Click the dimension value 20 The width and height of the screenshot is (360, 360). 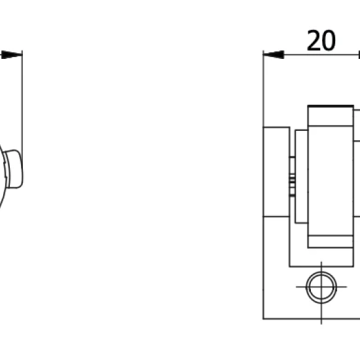pos(321,41)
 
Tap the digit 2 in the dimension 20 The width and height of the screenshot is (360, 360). pos(314,41)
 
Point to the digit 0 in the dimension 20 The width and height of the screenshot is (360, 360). pos(329,41)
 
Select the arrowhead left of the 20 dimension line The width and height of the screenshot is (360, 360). pos(274,54)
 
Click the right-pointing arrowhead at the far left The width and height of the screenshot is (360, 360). pos(12,54)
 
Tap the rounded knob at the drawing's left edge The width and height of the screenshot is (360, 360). pos(14,169)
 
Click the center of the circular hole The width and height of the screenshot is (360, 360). pos(321,287)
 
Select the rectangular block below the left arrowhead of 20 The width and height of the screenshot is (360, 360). pos(276,171)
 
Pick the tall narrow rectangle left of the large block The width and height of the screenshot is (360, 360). pos(302,177)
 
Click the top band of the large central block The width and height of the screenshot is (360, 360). pos(331,116)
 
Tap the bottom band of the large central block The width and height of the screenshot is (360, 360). pos(331,242)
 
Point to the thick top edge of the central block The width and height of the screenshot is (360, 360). pos(331,106)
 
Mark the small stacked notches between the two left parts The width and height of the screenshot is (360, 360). pos(292,177)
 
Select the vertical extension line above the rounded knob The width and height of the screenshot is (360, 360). pos(22,100)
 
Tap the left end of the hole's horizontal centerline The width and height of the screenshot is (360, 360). pos(296,287)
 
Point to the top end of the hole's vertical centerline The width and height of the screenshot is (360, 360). pos(321,262)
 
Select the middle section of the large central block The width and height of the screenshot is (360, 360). pos(331,181)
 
